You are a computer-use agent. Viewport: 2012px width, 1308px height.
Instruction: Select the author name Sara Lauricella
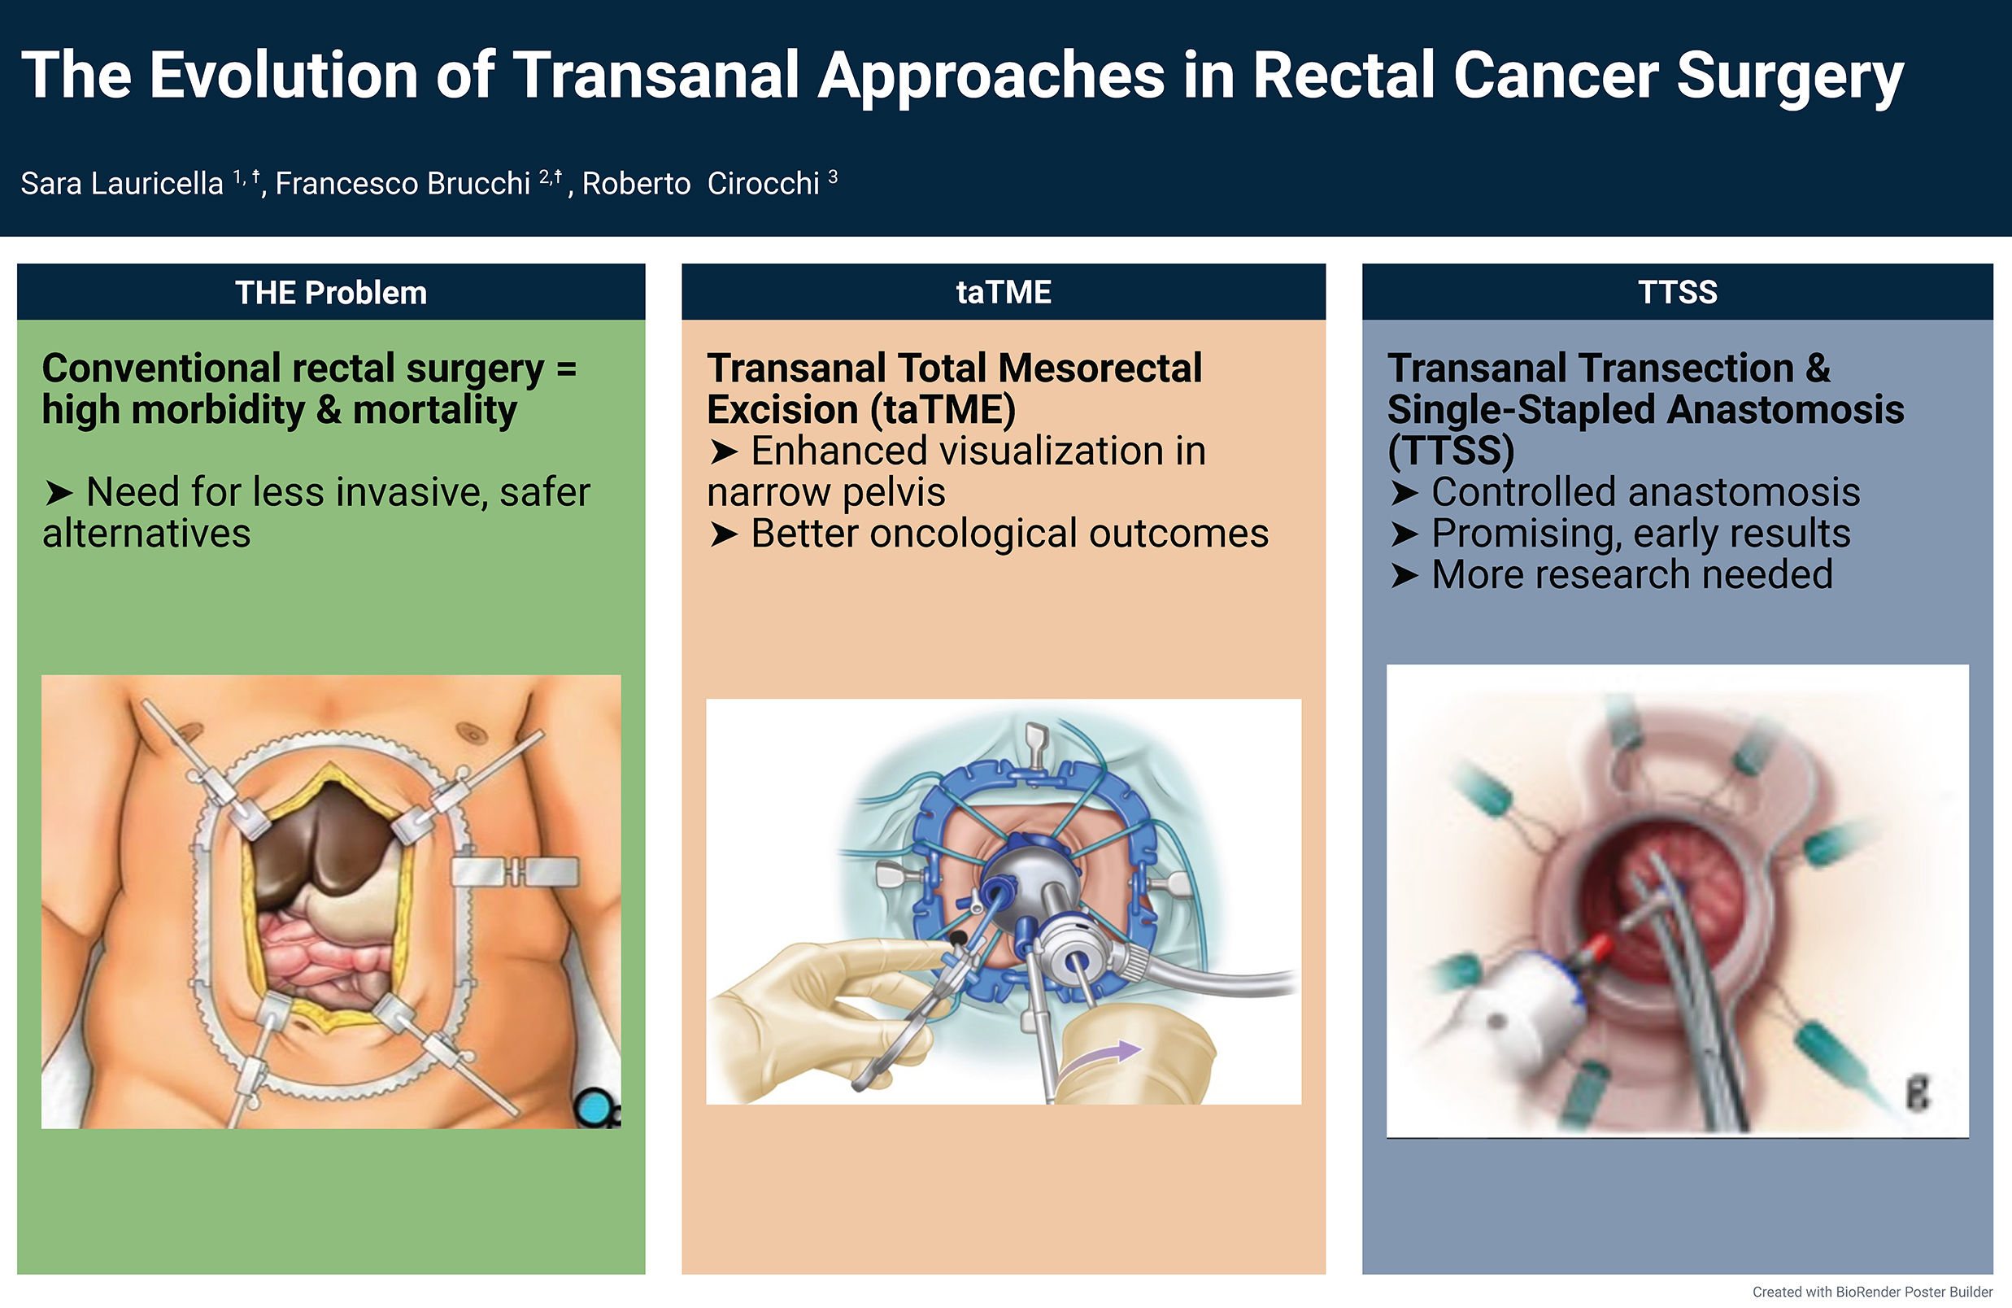pyautogui.click(x=122, y=184)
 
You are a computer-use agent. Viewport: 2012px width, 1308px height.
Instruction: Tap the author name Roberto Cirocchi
pyautogui.click(x=701, y=184)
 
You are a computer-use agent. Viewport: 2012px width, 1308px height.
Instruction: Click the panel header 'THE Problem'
pyautogui.click(x=330, y=293)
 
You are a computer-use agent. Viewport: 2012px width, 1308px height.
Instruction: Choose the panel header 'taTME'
pyautogui.click(x=1004, y=293)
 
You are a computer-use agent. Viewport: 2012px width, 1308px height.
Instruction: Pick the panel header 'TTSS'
pyautogui.click(x=1677, y=293)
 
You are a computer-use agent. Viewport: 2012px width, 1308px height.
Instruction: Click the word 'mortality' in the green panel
pyautogui.click(x=434, y=411)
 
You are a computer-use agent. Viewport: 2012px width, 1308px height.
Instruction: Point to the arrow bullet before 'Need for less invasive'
pyautogui.click(x=59, y=493)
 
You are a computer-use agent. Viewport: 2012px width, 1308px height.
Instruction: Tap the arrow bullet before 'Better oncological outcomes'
pyautogui.click(x=724, y=534)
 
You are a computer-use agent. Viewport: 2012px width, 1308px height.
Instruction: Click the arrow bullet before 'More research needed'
pyautogui.click(x=1404, y=576)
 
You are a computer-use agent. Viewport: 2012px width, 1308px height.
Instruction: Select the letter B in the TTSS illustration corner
pyautogui.click(x=1918, y=1092)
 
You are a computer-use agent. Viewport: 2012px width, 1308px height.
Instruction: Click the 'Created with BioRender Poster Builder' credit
pyautogui.click(x=1871, y=1292)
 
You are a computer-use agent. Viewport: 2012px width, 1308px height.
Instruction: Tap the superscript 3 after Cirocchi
pyautogui.click(x=833, y=177)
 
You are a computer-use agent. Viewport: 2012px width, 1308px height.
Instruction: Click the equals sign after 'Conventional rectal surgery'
pyautogui.click(x=566, y=369)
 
